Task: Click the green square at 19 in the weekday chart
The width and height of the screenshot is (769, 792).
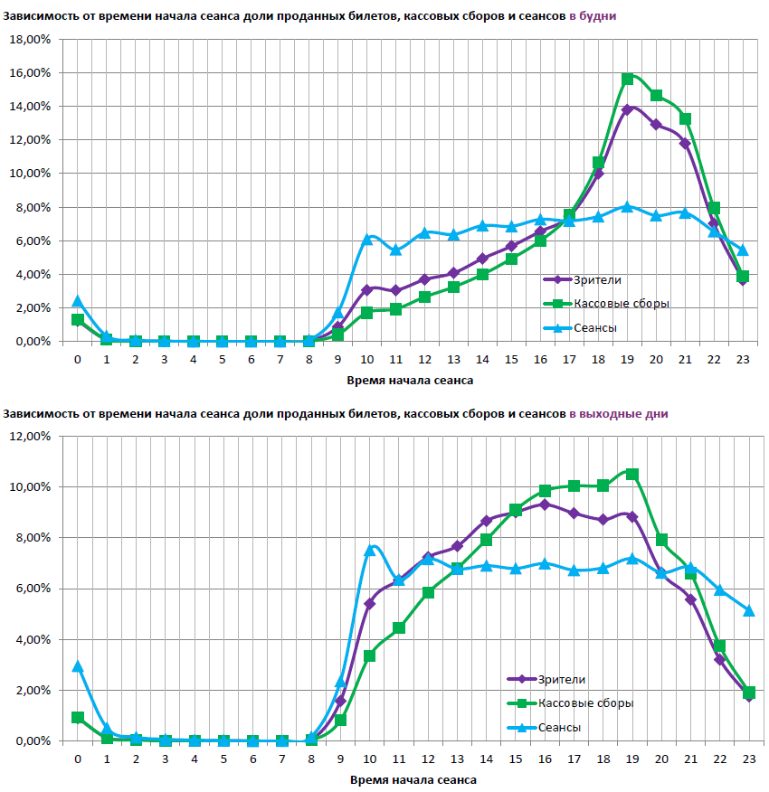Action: (x=627, y=79)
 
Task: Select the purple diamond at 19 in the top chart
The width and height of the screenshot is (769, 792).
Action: (x=627, y=109)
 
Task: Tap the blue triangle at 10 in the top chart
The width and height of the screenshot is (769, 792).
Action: (x=367, y=239)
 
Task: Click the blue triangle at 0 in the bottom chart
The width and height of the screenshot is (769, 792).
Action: (x=78, y=666)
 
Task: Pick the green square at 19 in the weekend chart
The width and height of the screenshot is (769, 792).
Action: (x=632, y=474)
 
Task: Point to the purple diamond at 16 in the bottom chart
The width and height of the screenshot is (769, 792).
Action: (x=545, y=504)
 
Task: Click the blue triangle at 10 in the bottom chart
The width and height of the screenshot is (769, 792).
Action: (x=369, y=550)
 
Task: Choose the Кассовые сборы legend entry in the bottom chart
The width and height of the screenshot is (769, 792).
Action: (x=585, y=703)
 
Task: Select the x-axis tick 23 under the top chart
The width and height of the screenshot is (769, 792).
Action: (x=743, y=359)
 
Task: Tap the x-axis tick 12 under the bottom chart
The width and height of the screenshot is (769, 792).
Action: (x=428, y=759)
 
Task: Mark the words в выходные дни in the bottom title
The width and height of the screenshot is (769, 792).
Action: (x=619, y=414)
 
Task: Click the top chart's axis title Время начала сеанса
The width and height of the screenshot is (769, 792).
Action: (x=410, y=381)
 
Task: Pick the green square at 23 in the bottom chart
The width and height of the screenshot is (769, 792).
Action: (x=748, y=693)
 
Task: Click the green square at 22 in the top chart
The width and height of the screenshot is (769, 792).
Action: (x=714, y=208)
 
